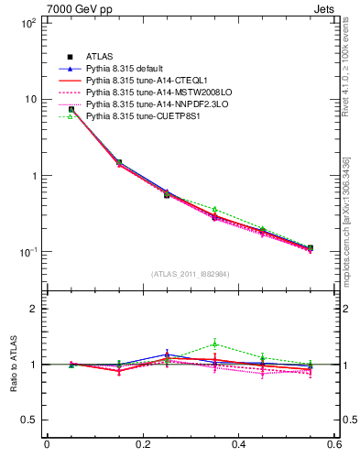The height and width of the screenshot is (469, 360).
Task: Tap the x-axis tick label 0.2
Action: tap(142, 446)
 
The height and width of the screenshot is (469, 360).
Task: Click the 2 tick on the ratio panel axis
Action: tap(35, 309)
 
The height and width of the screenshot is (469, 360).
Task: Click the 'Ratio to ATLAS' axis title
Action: tap(12, 364)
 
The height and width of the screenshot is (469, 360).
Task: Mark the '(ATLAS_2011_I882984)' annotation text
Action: tap(190, 273)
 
